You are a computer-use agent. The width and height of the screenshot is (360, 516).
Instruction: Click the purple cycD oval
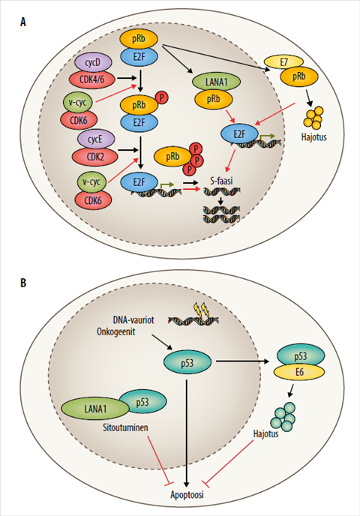pos(93,62)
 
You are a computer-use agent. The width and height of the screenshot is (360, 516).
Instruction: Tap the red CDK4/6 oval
pos(92,79)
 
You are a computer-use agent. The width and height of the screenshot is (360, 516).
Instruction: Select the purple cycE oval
pos(95,139)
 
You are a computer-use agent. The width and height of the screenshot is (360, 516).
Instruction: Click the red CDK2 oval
pos(94,156)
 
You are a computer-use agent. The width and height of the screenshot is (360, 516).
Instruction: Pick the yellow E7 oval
pos(283,62)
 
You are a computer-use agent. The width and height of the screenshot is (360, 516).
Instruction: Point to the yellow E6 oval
pos(299,372)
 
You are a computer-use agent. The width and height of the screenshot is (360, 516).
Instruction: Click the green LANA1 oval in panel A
pos(216,82)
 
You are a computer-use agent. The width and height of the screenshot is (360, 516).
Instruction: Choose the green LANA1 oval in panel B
pos(95,409)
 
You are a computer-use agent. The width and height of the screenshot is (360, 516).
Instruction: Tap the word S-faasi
pos(221,181)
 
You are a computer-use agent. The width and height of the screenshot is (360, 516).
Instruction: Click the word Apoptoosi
pos(187,494)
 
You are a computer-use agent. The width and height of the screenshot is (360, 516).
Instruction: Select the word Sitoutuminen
pos(125,427)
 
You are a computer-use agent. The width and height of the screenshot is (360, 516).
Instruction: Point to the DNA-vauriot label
pos(133,319)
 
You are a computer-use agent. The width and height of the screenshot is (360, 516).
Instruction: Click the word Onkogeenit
pos(116,331)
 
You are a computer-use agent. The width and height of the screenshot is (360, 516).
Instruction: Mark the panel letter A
pos(22,22)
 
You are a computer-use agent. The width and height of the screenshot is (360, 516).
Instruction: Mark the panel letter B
pos(23,283)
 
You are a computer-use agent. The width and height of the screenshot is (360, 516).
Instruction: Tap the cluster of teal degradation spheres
pos(283,417)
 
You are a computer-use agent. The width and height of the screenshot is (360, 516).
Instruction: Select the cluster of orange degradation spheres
pos(313,118)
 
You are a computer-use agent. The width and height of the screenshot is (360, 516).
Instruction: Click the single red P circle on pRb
pos(161,97)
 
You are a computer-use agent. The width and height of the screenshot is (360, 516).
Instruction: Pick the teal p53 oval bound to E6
pos(301,355)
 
